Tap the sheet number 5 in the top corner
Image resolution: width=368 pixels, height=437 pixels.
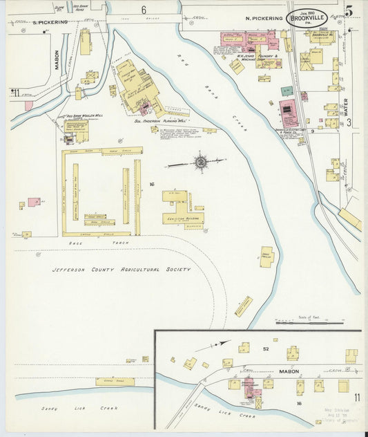pos(350,10)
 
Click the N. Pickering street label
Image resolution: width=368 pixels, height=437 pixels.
pos(263,19)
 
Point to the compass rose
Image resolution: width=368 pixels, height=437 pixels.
pos(200,162)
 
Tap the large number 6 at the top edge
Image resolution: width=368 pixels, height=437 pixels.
pos(144,10)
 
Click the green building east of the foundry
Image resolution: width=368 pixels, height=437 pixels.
pos(286,91)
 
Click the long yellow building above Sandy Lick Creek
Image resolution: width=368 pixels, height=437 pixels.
pos(115,381)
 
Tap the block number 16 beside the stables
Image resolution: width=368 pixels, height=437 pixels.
pos(151,184)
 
